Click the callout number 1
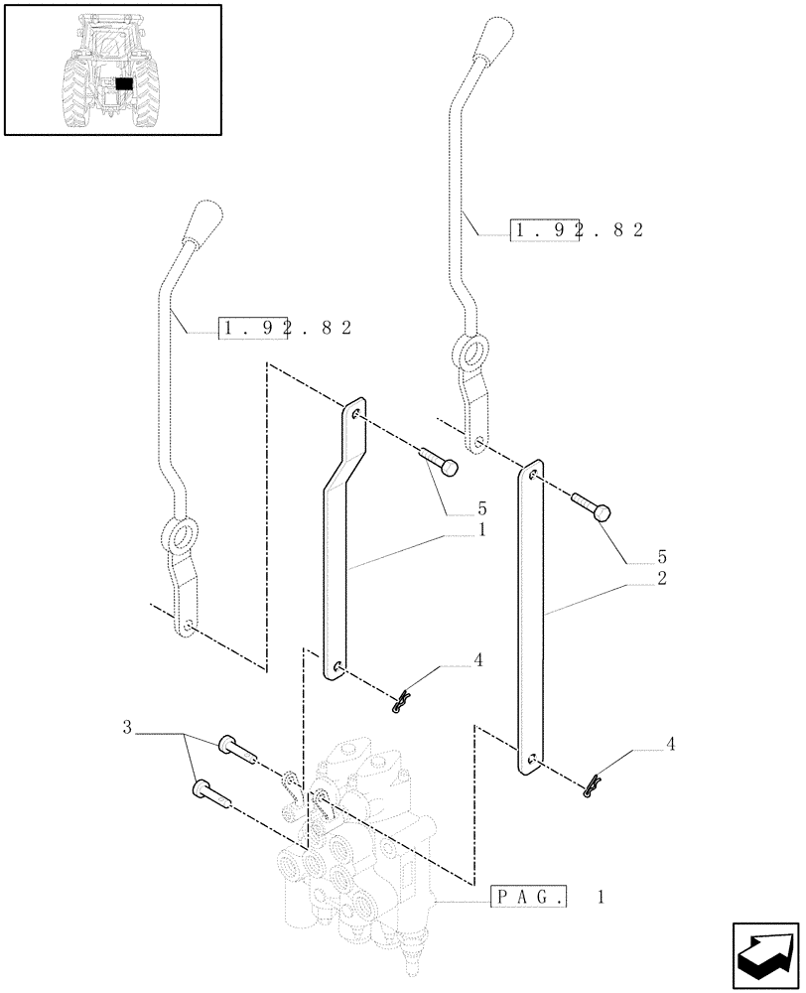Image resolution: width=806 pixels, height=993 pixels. (x=481, y=530)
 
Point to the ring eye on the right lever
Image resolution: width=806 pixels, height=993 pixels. (x=472, y=354)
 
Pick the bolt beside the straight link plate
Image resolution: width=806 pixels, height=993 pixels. (x=593, y=506)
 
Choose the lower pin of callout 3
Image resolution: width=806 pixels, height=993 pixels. (x=212, y=792)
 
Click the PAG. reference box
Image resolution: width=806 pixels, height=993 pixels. (x=530, y=898)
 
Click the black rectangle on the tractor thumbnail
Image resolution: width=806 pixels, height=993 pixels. (x=124, y=85)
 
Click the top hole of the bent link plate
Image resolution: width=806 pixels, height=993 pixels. (x=354, y=409)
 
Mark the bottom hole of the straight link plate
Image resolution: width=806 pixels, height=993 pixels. (x=531, y=761)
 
